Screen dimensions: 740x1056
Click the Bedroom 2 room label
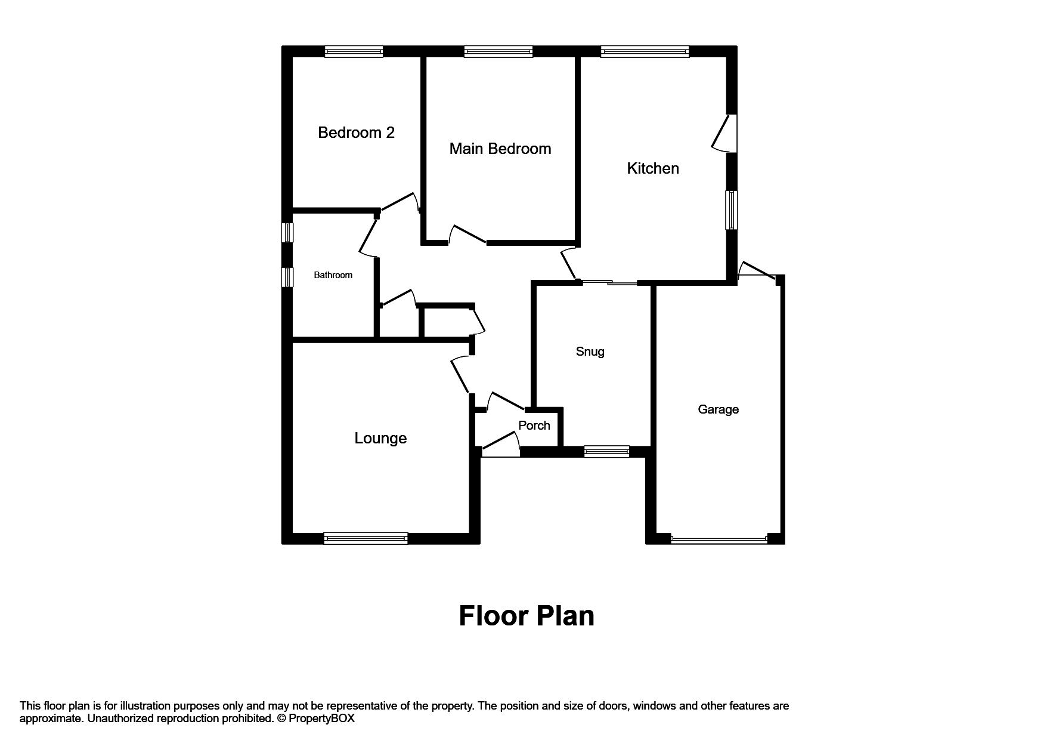pos(356,132)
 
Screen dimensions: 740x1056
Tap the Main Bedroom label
pos(500,149)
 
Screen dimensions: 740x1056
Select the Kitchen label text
pos(652,168)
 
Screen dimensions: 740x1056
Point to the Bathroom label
pos(333,275)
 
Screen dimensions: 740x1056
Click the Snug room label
pos(590,351)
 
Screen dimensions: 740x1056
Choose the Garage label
pos(718,409)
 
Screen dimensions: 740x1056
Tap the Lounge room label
pos(380,438)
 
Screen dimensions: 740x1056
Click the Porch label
pos(534,425)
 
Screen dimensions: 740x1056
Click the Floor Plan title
pos(527,616)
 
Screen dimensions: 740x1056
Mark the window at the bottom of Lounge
pos(366,538)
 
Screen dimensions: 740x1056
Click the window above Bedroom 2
pos(354,52)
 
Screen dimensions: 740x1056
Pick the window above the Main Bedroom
pos(498,52)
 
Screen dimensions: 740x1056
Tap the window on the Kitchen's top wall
pos(645,52)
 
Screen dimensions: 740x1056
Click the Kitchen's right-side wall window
pos(731,209)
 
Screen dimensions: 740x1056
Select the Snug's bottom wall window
pos(606,452)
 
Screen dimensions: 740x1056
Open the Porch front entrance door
pos(500,447)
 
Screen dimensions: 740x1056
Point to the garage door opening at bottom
pos(719,539)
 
